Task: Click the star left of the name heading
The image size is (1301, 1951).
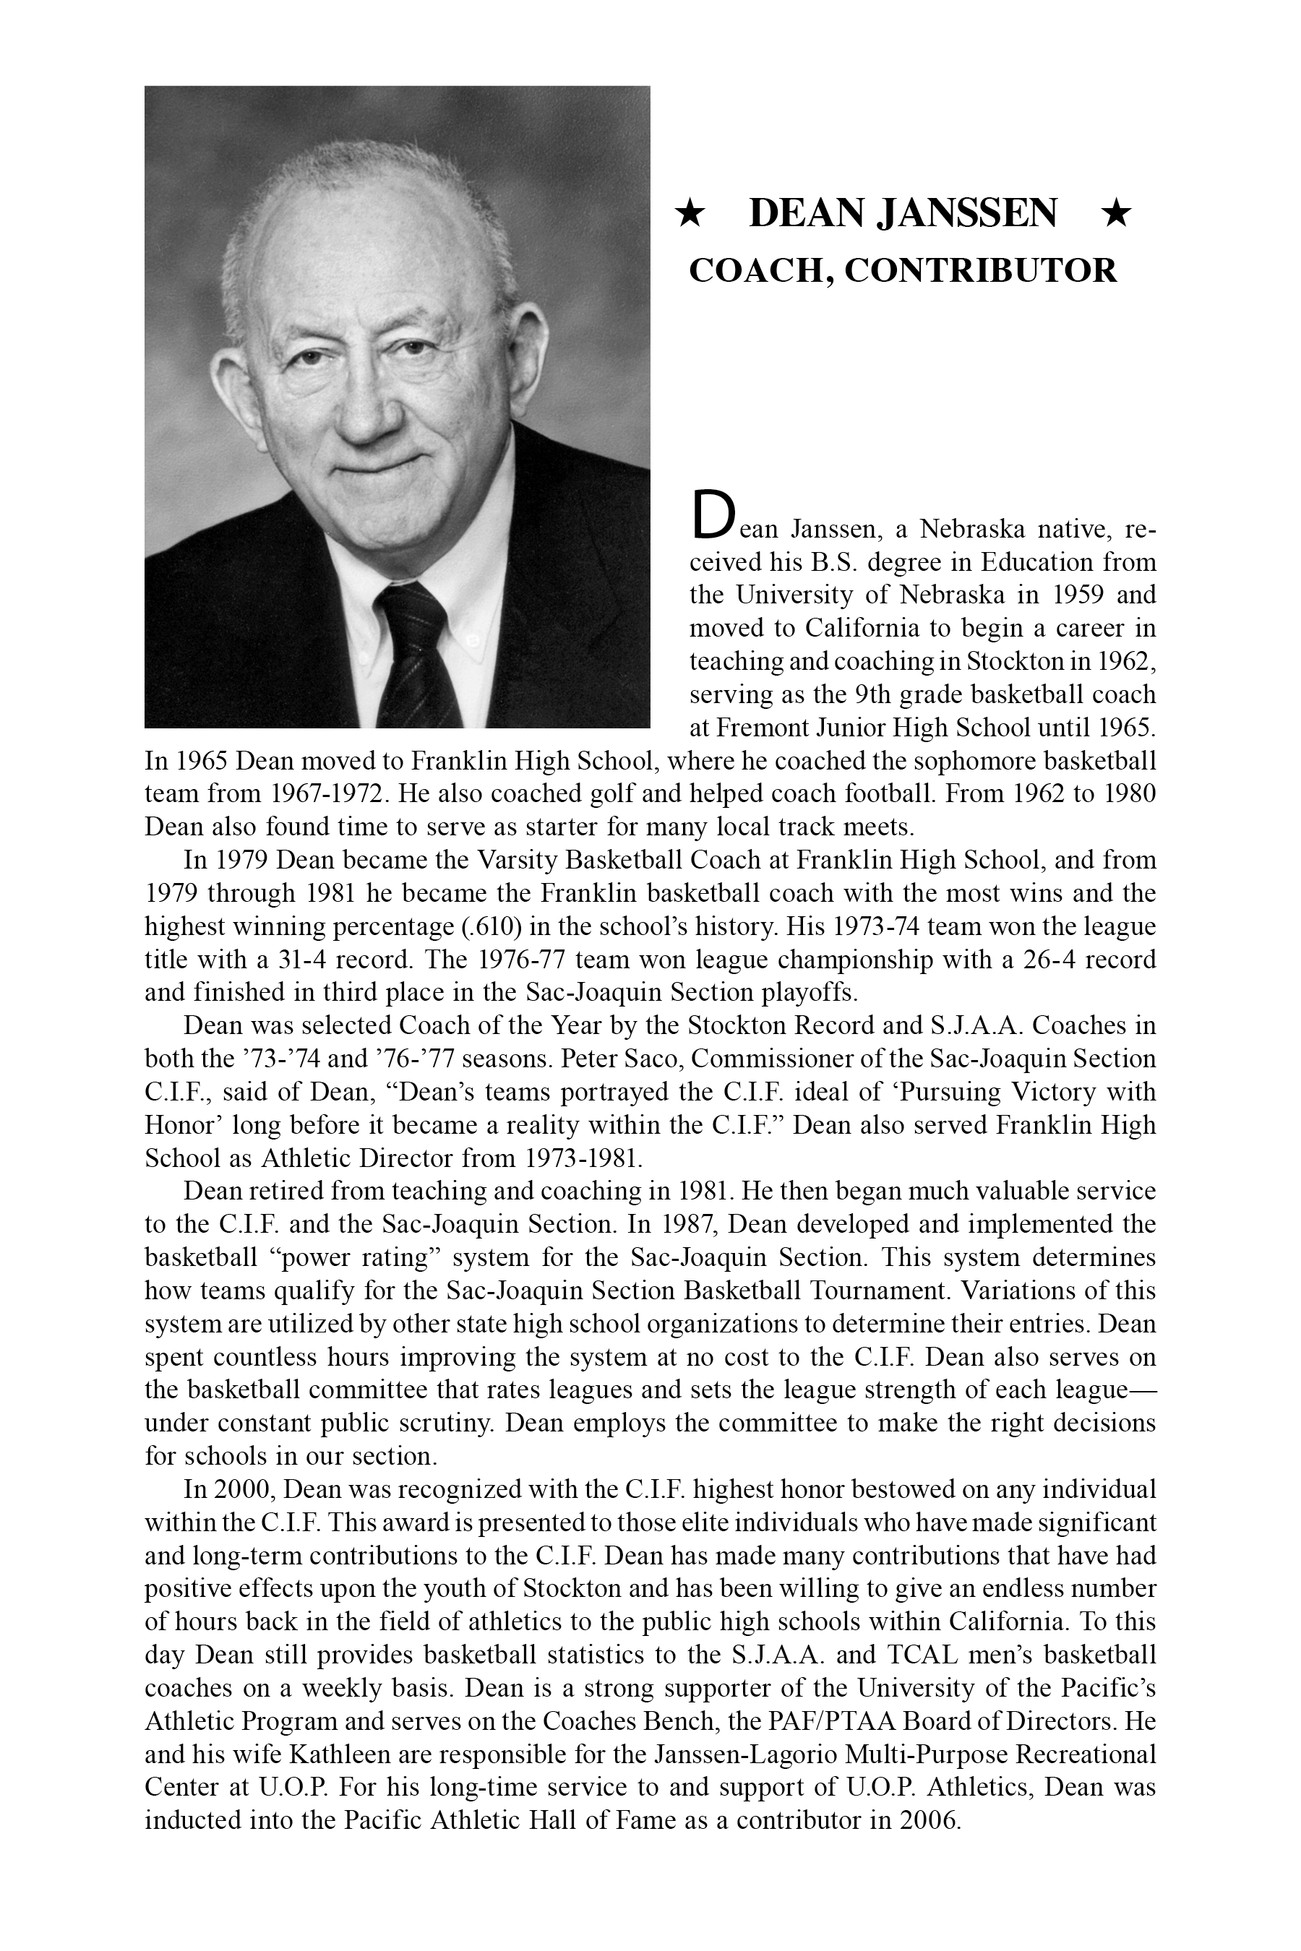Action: point(690,214)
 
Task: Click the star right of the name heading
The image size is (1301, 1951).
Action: point(1116,214)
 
